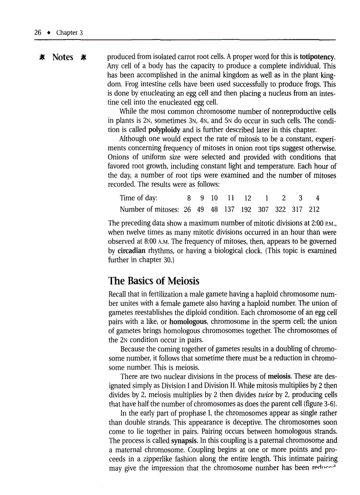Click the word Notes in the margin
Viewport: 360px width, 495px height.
(x=62, y=58)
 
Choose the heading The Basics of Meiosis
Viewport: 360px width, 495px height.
(x=154, y=280)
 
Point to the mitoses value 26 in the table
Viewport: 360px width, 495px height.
(x=187, y=209)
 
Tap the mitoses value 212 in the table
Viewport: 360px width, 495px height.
(x=314, y=209)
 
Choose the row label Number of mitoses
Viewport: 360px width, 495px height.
(x=149, y=209)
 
